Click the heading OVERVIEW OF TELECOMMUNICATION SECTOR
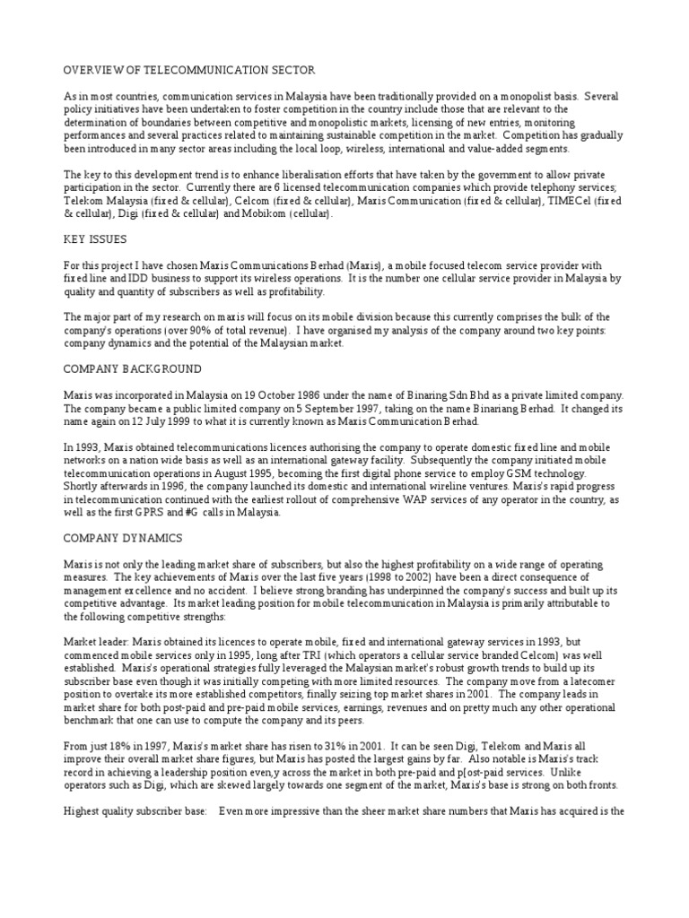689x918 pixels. point(188,70)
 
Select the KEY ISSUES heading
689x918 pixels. point(94,240)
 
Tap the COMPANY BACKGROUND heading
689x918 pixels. point(133,369)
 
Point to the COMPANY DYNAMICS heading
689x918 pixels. point(123,538)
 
